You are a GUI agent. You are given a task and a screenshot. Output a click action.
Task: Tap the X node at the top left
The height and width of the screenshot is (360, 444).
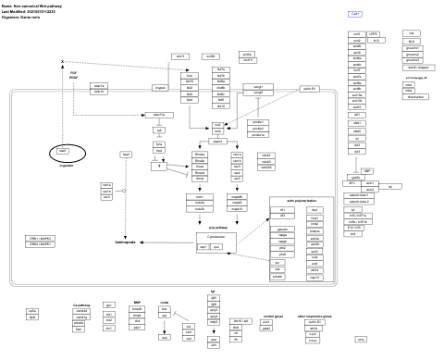62,62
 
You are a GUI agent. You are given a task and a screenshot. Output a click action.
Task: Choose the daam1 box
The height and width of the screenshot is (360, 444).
218,142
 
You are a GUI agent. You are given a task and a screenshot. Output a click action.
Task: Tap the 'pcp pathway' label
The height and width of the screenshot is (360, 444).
218,226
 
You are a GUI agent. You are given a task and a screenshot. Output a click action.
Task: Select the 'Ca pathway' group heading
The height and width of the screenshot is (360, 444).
80,304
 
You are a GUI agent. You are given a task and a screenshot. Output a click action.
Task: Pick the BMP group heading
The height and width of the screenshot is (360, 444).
137,303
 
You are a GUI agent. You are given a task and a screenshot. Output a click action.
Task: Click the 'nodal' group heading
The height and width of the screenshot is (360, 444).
165,303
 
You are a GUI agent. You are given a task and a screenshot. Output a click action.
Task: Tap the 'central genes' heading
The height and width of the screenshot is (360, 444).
273,316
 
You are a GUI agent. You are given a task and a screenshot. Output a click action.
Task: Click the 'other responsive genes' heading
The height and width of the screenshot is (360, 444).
314,316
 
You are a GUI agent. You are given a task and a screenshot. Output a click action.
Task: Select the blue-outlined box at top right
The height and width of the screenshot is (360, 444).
355,14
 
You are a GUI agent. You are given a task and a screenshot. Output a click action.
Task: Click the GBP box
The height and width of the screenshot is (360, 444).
366,171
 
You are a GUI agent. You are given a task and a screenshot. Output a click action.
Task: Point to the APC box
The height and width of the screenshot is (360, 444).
353,183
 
